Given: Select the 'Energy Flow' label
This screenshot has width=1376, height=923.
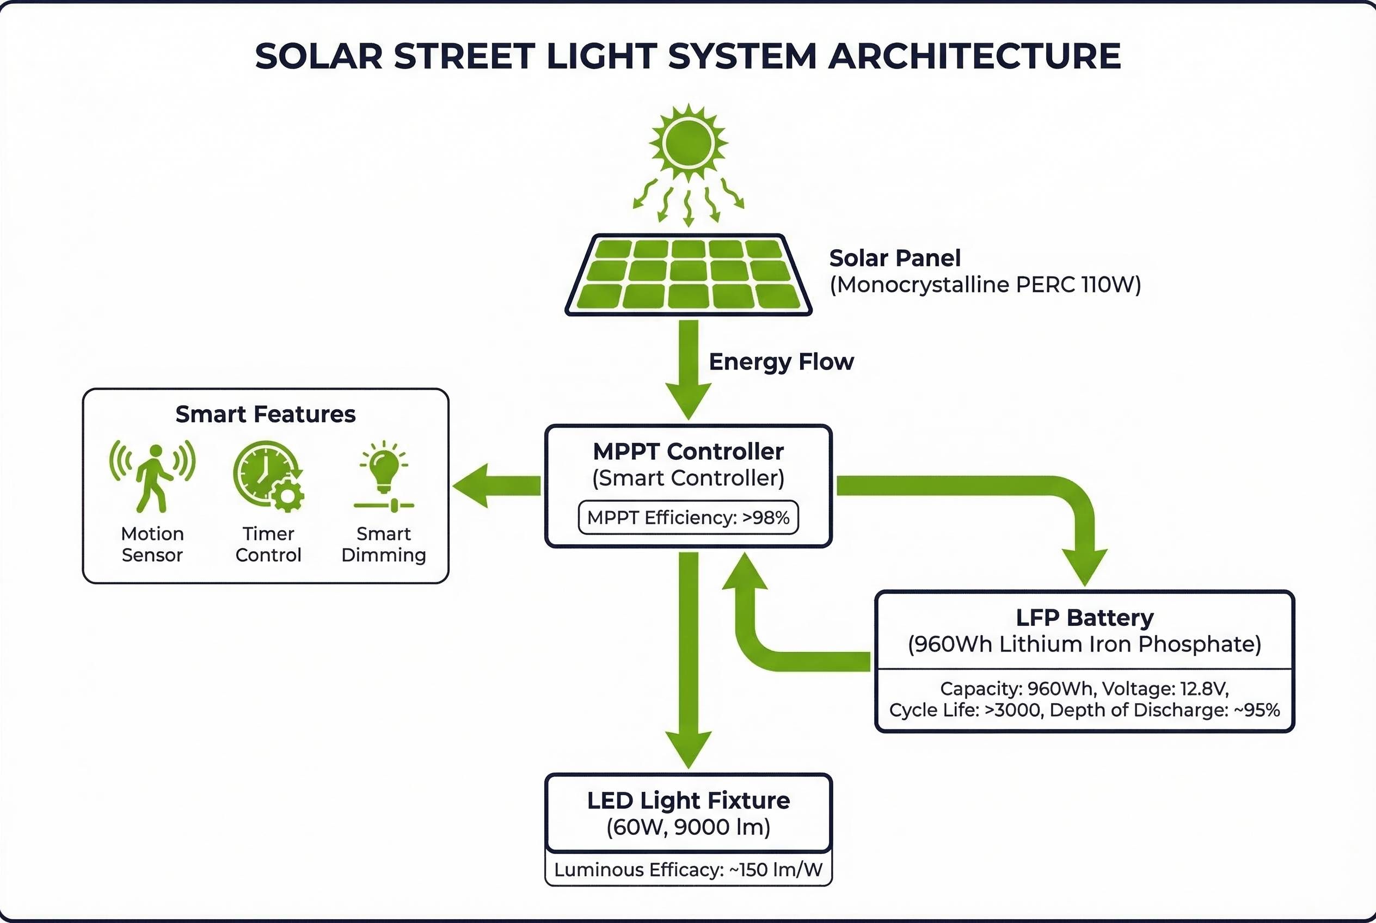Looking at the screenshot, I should [x=781, y=361].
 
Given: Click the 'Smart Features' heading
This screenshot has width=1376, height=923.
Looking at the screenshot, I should [x=266, y=414].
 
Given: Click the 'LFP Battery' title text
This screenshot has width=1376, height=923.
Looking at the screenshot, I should [x=1085, y=618].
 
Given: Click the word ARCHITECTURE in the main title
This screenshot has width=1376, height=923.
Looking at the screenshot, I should [x=974, y=57].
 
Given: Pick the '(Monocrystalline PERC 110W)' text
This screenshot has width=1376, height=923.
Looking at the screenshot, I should [x=985, y=285].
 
